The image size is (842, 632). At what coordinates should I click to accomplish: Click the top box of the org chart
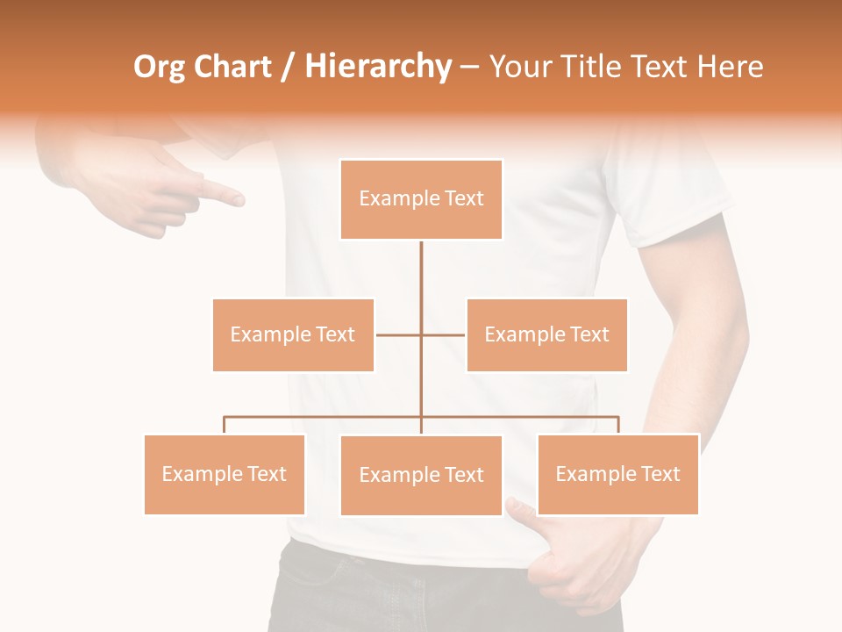click(421, 199)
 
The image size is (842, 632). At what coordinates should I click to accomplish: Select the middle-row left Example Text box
click(293, 334)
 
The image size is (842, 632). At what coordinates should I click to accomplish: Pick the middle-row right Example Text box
click(546, 334)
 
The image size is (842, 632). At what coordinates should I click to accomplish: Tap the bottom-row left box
click(225, 474)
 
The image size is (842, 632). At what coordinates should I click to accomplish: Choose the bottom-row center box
click(421, 475)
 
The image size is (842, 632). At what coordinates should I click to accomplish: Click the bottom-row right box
click(617, 474)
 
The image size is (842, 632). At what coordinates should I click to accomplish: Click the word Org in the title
click(161, 67)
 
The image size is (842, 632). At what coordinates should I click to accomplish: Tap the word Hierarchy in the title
click(378, 67)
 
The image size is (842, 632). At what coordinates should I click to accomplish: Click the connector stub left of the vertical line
click(398, 334)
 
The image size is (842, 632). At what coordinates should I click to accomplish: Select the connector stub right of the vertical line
click(444, 334)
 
